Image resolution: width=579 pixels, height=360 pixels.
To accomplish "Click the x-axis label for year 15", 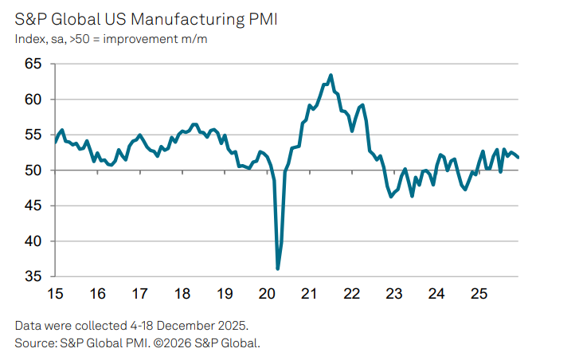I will [56, 294].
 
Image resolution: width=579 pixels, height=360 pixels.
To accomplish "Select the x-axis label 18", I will [182, 294].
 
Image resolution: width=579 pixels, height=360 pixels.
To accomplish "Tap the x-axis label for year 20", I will [267, 294].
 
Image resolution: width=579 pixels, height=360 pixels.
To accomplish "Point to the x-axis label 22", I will [351, 294].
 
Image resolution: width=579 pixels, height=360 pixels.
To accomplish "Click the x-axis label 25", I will [478, 294].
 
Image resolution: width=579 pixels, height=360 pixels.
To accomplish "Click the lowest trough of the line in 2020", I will [278, 268].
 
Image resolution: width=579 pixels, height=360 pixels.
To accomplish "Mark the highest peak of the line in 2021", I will [331, 76].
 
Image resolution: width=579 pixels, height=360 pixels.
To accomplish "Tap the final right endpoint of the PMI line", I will [518, 157].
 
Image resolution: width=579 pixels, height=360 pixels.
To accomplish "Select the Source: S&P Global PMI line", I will [138, 343].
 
